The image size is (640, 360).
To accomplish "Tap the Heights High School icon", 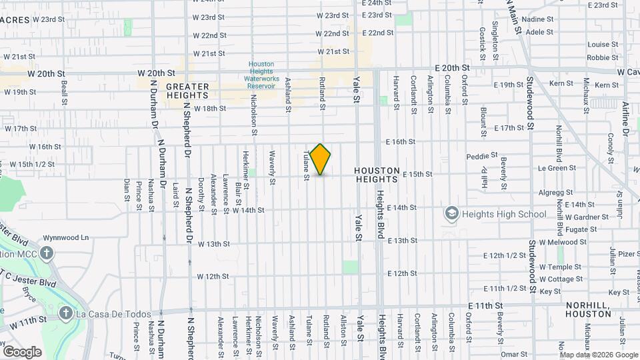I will [451, 214].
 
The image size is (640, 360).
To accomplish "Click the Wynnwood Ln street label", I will [66, 237].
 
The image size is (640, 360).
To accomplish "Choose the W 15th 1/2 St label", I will [32, 163].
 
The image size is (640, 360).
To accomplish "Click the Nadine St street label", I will [541, 20].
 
